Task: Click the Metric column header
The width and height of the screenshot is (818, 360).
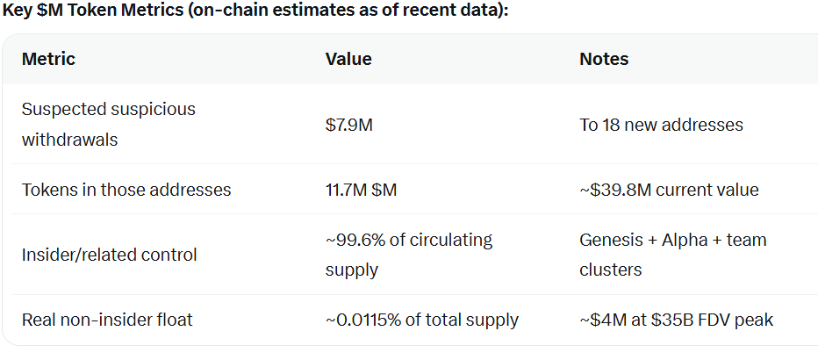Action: pyautogui.click(x=48, y=60)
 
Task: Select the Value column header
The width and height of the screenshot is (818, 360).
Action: pyautogui.click(x=348, y=60)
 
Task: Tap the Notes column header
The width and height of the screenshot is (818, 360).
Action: pyautogui.click(x=604, y=60)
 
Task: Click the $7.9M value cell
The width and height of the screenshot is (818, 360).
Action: pyautogui.click(x=348, y=125)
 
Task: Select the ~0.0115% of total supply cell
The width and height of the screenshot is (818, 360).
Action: pyautogui.click(x=421, y=320)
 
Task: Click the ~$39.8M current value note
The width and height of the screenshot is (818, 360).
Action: pyautogui.click(x=669, y=190)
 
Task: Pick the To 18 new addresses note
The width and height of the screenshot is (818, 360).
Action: pyautogui.click(x=661, y=125)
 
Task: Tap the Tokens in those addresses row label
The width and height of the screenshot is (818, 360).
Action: pyautogui.click(x=126, y=190)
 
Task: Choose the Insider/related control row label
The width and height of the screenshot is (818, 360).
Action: pyautogui.click(x=110, y=255)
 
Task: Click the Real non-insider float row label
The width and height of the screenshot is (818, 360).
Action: pyautogui.click(x=107, y=320)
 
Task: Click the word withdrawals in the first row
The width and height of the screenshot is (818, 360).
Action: pyautogui.click(x=69, y=140)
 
